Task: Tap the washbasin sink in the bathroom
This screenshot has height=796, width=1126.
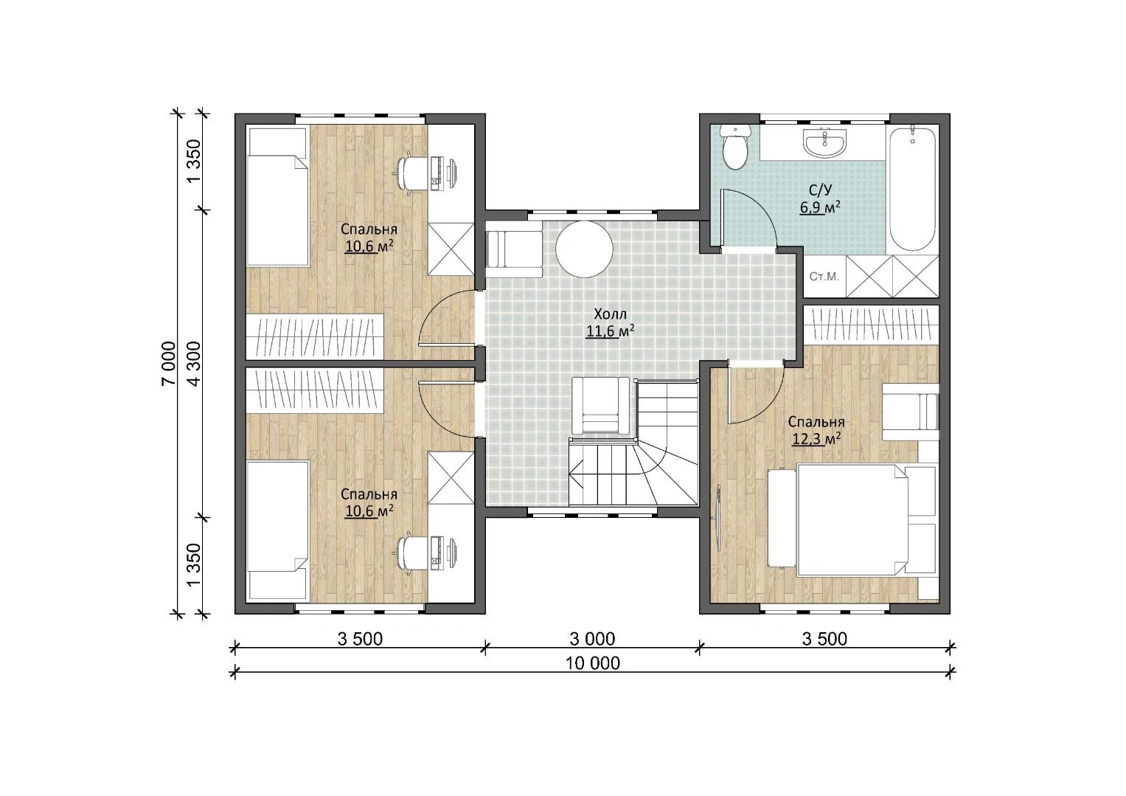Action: (x=825, y=142)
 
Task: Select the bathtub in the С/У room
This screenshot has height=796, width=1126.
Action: (x=913, y=189)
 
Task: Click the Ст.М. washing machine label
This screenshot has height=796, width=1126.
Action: (x=824, y=277)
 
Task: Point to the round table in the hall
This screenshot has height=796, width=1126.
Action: (x=584, y=249)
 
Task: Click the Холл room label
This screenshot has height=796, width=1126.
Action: (x=611, y=315)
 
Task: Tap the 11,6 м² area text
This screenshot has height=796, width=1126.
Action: (x=610, y=331)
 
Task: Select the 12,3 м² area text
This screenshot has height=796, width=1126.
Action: (x=817, y=439)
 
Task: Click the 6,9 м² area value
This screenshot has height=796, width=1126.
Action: (x=821, y=207)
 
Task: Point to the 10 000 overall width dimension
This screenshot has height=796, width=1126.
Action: (x=593, y=664)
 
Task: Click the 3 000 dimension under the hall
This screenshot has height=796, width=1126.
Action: (x=592, y=639)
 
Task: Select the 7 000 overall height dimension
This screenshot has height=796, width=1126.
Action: (x=169, y=363)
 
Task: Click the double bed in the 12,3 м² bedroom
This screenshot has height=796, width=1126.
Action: (x=852, y=520)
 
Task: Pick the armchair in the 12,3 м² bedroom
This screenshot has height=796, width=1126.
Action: (x=911, y=412)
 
